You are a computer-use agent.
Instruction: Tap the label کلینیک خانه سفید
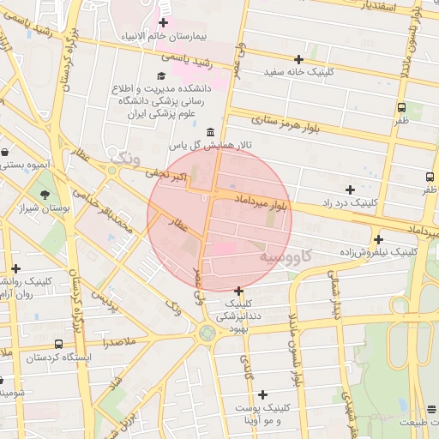click(x=298, y=72)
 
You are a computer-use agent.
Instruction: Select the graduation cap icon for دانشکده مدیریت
click(x=160, y=77)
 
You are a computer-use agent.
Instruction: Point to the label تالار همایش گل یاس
click(x=209, y=146)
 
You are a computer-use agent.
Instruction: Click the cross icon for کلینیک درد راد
click(x=350, y=189)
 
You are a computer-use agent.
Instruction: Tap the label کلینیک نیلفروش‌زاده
click(x=377, y=252)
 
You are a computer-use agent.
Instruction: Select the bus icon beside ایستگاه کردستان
click(x=33, y=356)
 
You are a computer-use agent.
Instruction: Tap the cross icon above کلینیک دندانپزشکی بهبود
click(x=238, y=291)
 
